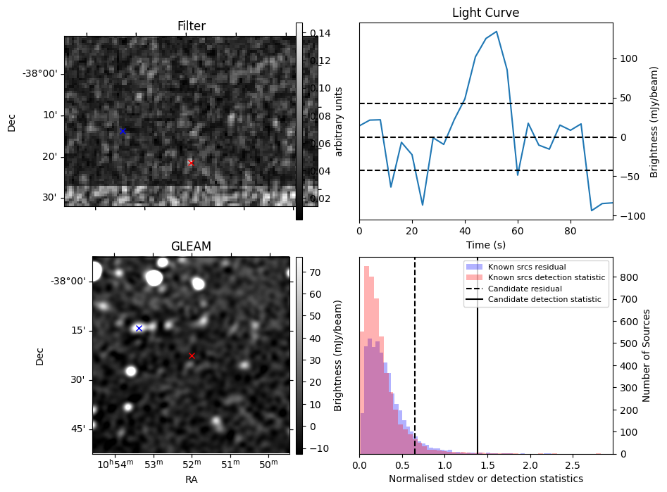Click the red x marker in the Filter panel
click(x=191, y=163)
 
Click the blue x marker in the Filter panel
click(x=123, y=131)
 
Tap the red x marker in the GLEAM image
click(x=192, y=355)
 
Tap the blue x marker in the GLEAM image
click(x=139, y=328)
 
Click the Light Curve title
click(x=486, y=13)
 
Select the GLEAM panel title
click(x=191, y=246)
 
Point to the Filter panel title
click(x=191, y=26)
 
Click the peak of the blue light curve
click(x=497, y=32)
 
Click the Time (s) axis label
click(x=486, y=245)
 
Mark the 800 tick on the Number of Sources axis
click(x=629, y=277)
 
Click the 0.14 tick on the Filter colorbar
click(x=319, y=32)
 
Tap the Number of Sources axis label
click(x=647, y=355)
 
